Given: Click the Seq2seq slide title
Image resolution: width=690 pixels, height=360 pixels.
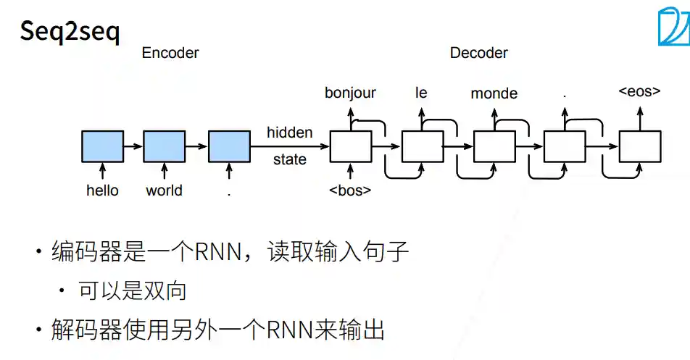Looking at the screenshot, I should point(70,32).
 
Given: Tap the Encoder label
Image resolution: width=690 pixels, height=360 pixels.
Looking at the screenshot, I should point(170,53).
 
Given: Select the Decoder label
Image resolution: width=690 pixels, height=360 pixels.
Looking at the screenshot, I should point(478,53).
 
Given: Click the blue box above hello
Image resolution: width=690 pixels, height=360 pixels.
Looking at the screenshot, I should point(102,146).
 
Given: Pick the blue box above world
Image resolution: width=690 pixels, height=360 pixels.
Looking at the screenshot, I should point(165,146).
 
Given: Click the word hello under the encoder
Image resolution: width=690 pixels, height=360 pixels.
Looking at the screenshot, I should point(102,191).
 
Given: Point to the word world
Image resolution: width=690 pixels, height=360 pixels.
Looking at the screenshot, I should point(164,191).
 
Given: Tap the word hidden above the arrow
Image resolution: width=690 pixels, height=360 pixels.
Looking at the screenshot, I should point(290,133).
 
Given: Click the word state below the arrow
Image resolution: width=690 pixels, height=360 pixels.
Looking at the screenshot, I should point(290,159).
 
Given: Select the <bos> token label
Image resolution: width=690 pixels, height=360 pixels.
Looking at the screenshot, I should point(350,191).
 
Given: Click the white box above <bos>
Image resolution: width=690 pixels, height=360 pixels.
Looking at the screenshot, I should point(351,146).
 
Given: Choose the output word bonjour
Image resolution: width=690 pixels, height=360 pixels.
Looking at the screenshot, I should point(350,93).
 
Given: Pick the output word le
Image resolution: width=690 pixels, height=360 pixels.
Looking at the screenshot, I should point(421,93).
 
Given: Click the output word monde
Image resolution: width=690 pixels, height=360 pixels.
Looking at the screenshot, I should point(494,93).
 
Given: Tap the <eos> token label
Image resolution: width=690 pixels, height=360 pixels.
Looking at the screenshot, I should point(639,92).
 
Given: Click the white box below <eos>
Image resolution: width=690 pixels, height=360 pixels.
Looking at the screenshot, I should point(640,146).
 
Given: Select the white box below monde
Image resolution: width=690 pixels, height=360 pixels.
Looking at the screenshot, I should point(494,146).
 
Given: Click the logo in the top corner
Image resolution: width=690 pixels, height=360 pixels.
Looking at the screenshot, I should point(674,27).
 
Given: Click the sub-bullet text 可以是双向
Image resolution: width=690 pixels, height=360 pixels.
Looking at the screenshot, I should point(133,291).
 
